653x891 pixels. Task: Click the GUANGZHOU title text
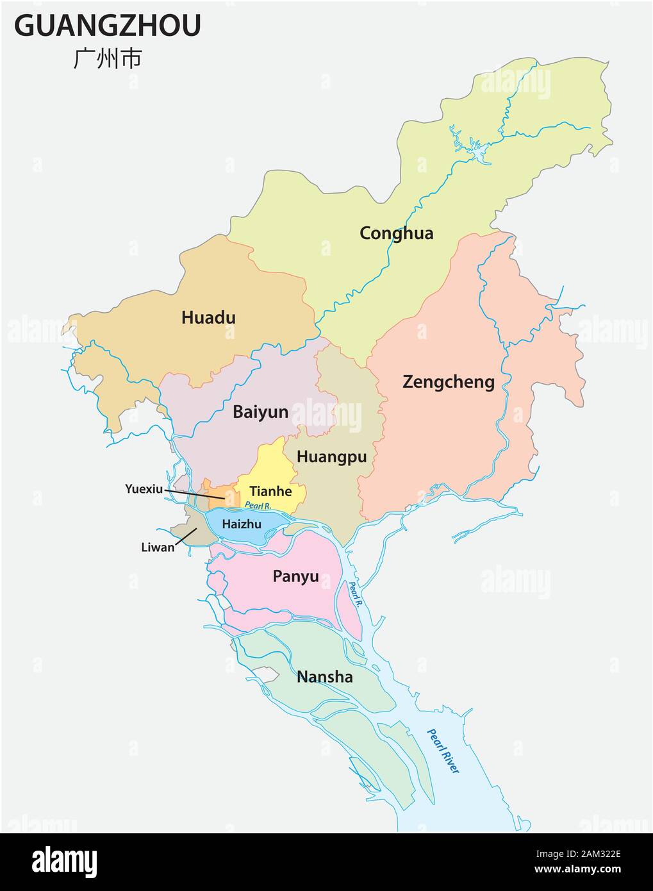pyautogui.click(x=108, y=25)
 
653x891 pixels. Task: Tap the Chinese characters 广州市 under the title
pyautogui.click(x=107, y=58)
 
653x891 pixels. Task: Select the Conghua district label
pyautogui.click(x=396, y=233)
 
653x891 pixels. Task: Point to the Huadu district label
pyautogui.click(x=208, y=317)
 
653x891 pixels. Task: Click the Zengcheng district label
pyautogui.click(x=448, y=382)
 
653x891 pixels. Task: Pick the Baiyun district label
pyautogui.click(x=260, y=412)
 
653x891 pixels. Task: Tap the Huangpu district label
pyautogui.click(x=331, y=456)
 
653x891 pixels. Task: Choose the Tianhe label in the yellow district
pyautogui.click(x=270, y=492)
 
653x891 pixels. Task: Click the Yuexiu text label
pyautogui.click(x=144, y=488)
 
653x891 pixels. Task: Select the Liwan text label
pyautogui.click(x=157, y=547)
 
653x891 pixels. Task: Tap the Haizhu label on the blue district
pyautogui.click(x=241, y=524)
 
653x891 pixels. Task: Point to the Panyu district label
pyautogui.click(x=295, y=576)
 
